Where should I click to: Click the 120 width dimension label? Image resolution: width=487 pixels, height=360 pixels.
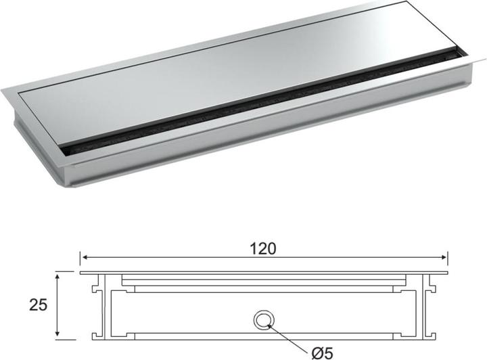[x=262, y=249]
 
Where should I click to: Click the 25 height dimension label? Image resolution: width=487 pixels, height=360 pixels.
[x=38, y=305]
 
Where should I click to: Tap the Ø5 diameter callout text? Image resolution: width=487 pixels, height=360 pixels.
[x=323, y=353]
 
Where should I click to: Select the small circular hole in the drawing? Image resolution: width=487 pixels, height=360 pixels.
[x=263, y=319]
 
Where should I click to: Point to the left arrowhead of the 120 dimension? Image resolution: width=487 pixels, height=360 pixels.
[x=85, y=257]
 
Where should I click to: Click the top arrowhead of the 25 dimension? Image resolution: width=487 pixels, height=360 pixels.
[x=57, y=277]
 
